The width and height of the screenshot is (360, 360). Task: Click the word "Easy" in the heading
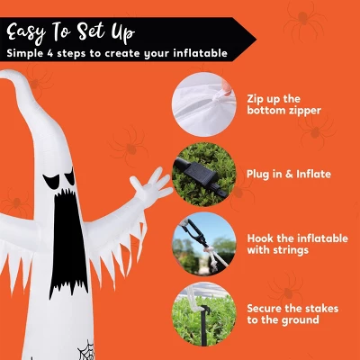26,33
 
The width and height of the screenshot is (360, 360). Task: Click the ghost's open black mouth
68,240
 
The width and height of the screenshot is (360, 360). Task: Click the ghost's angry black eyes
59,177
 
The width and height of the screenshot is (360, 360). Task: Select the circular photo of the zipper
204,104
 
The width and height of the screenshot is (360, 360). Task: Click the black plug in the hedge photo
197,173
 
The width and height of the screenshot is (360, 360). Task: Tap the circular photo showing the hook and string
204,244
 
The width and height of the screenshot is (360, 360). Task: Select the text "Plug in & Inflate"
289,174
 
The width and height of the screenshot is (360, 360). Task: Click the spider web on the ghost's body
86,350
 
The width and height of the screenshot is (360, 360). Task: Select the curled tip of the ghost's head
6,75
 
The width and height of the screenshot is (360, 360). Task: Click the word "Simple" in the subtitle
24,53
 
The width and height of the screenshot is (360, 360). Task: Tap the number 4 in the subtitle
50,53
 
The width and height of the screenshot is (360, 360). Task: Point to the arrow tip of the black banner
255,39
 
